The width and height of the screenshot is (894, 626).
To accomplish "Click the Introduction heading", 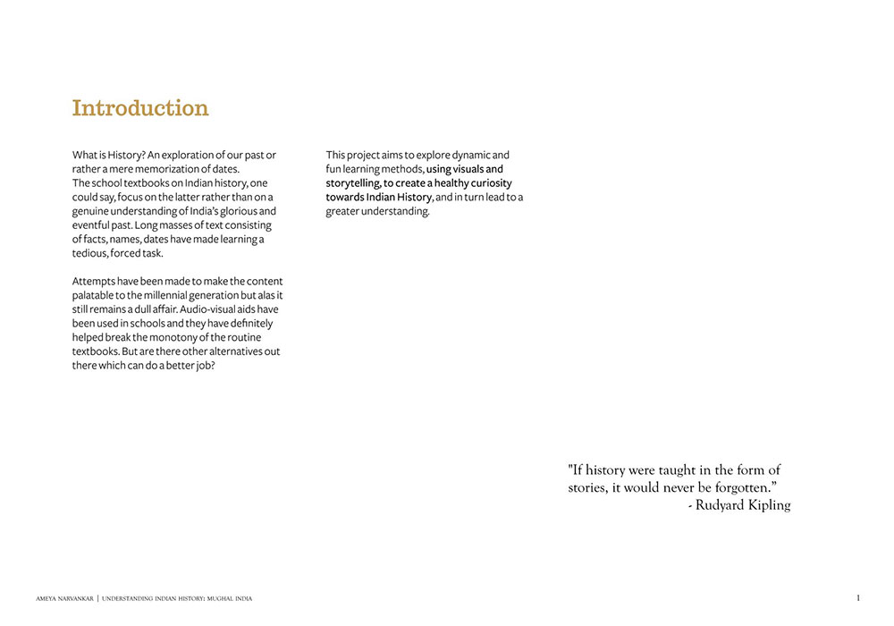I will point(140,108).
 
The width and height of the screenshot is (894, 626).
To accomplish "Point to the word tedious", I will point(90,253).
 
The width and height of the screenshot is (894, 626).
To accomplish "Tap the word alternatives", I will point(232,351).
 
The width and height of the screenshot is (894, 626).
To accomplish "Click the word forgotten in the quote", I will point(731,488).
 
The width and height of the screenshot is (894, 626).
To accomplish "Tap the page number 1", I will point(857,597).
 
